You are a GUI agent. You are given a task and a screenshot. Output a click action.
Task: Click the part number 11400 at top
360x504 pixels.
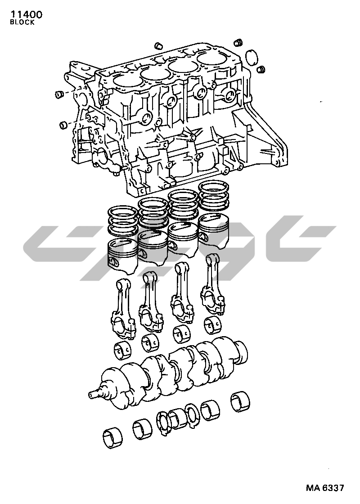pos(27,14)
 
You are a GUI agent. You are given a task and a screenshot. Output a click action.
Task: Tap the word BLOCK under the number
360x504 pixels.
pos(22,22)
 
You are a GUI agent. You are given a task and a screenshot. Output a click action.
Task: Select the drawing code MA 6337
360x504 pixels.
pos(325,488)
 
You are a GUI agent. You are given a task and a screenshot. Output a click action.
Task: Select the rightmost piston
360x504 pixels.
pos(213,231)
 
